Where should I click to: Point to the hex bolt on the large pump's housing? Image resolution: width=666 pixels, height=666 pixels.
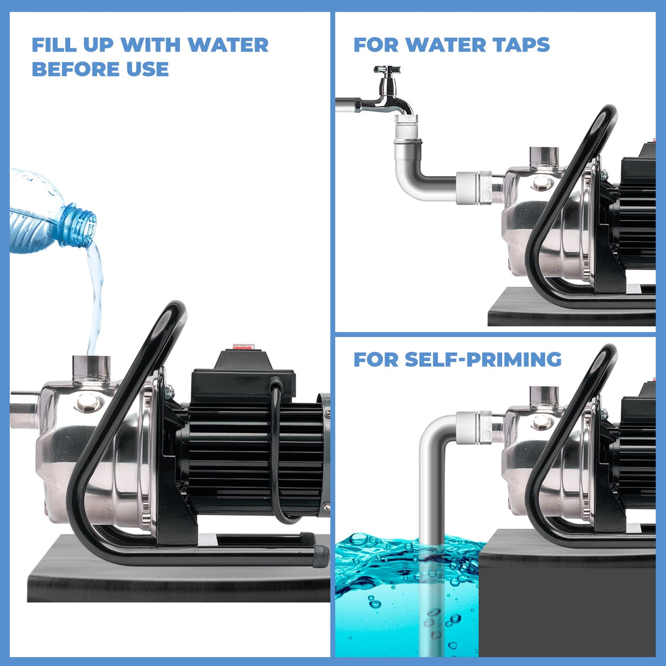click(x=88, y=403)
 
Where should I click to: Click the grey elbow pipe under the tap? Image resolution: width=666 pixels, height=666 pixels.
click(x=420, y=176)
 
